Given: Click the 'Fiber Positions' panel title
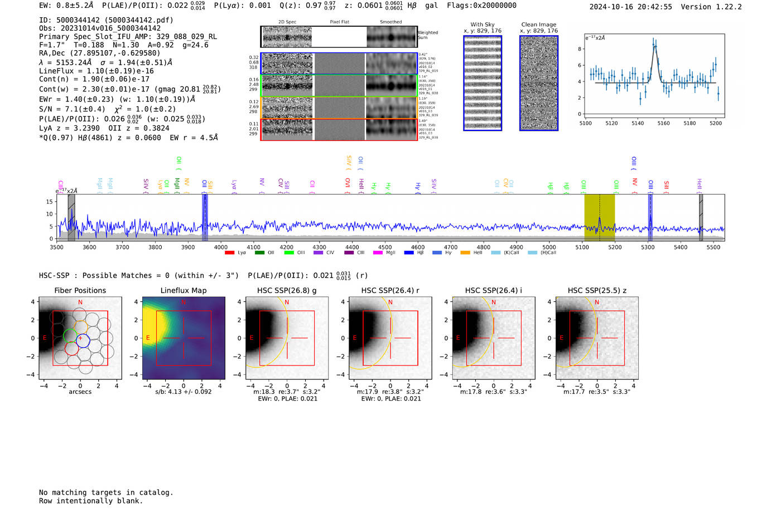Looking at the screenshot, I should click(80, 290).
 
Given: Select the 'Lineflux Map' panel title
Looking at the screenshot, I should click(183, 290).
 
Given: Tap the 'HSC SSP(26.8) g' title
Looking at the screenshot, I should click(287, 290).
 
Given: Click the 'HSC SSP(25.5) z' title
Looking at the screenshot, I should click(597, 290).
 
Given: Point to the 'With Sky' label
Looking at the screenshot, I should click(483, 25).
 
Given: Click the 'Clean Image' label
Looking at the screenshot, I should click(538, 25).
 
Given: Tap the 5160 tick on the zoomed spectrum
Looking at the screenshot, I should click(663, 123).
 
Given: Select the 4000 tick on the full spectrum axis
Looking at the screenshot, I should click(221, 247).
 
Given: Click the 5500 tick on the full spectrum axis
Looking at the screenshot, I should click(713, 247).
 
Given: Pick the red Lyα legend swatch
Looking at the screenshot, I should click(229, 253).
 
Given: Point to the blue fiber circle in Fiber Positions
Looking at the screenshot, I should click(83, 340).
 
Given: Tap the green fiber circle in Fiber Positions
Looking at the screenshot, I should click(70, 335).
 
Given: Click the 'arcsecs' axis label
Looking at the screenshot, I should click(80, 392).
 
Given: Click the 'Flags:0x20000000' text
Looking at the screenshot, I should click(481, 6).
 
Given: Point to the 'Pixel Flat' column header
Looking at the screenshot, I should click(339, 22).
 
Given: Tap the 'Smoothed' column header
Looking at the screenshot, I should click(390, 22).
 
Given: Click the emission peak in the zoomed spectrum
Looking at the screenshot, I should click(654, 42).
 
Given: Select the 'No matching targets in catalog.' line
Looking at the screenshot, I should click(106, 493).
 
